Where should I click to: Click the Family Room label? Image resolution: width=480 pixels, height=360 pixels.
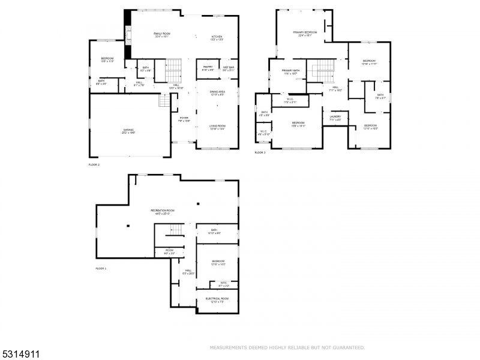coord(161,34)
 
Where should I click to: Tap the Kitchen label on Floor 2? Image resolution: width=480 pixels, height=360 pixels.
coord(217,37)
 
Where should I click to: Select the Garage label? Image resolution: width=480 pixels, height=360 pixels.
coord(128,130)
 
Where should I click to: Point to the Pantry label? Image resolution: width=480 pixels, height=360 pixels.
coord(208,67)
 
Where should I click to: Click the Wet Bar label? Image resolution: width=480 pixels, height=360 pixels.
coord(229,67)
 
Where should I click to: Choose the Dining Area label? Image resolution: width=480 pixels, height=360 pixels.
coord(217,92)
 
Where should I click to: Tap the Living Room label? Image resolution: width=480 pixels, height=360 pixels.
coord(217,126)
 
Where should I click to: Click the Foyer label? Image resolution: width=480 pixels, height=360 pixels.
coord(184,118)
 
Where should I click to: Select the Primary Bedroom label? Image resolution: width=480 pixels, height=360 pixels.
coord(305,32)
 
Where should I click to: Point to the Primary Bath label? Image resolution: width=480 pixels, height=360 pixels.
coord(291,71)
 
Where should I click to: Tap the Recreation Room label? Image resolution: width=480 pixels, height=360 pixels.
coord(162,211)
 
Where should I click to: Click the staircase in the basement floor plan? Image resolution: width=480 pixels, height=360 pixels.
coord(176,230)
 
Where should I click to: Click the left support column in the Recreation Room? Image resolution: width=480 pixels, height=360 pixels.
coord(128,226)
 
